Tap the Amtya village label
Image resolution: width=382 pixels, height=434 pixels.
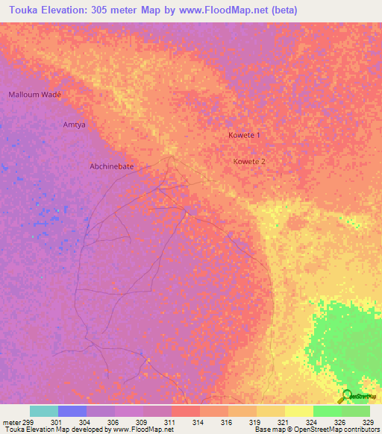(74, 125)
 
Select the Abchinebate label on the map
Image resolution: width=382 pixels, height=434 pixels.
(111, 166)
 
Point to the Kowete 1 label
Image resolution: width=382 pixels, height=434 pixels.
(244, 135)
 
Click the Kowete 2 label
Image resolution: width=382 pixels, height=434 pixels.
(249, 161)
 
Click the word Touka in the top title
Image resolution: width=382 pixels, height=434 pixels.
(20, 10)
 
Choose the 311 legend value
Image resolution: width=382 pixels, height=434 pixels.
(169, 421)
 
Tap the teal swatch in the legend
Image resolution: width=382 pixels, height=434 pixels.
(43, 411)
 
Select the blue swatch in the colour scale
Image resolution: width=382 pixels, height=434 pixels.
(72, 411)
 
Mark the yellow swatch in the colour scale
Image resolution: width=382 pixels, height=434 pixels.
(298, 411)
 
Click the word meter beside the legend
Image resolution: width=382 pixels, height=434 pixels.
(11, 421)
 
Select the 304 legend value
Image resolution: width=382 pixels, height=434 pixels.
(85, 421)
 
